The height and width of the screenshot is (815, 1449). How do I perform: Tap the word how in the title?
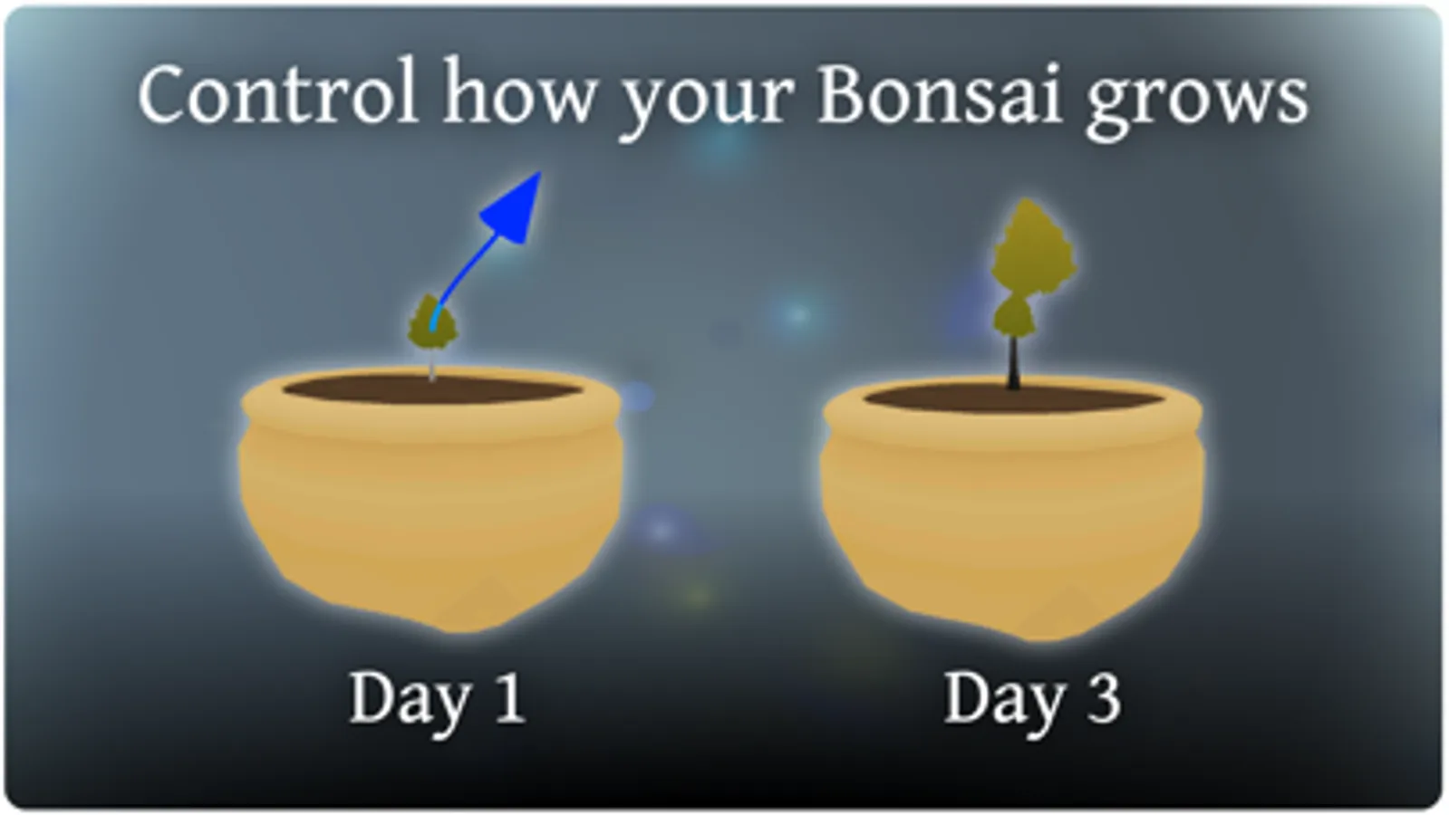pos(518,91)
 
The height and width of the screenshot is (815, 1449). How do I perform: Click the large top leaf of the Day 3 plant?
pos(1033,249)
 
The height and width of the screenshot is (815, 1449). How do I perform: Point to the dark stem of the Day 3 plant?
pos(1014,363)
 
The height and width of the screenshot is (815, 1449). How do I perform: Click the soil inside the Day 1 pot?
pos(432,389)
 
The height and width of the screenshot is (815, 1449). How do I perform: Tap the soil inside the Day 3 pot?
pos(1014,397)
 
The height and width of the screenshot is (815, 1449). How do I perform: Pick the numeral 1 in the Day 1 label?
pos(509,696)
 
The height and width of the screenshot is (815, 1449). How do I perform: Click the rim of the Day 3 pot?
pos(1014,432)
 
